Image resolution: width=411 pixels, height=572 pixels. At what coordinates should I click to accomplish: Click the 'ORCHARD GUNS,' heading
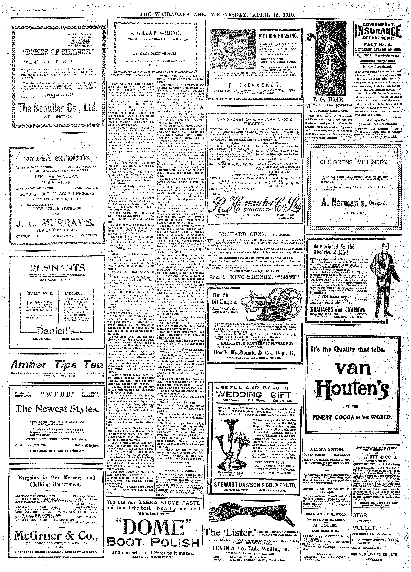233,234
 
